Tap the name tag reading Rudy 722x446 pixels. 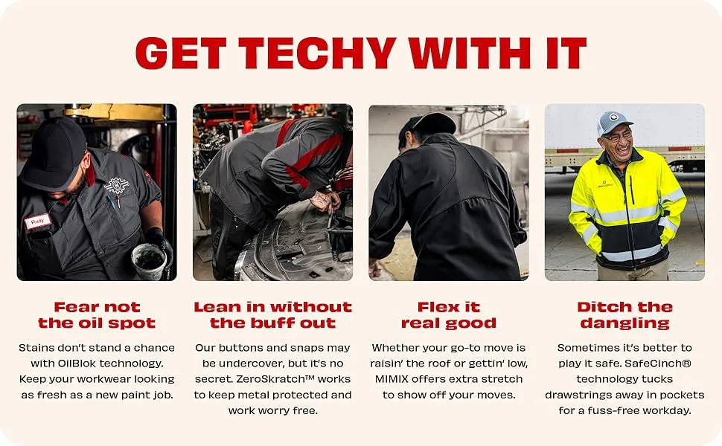coord(38,222)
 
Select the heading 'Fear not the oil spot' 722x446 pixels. coord(97,315)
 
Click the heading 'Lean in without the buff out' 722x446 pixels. coord(272,315)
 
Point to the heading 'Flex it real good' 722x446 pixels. coord(449,315)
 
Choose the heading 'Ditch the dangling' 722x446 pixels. coord(624,315)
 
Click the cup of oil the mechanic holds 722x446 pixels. coord(149,261)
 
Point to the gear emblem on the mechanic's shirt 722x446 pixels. coord(117,185)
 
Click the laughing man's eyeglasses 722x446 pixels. coord(617,137)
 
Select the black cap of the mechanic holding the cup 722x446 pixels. coord(54,154)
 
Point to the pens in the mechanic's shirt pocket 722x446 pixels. coord(113,201)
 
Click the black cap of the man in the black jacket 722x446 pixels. coord(428,126)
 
